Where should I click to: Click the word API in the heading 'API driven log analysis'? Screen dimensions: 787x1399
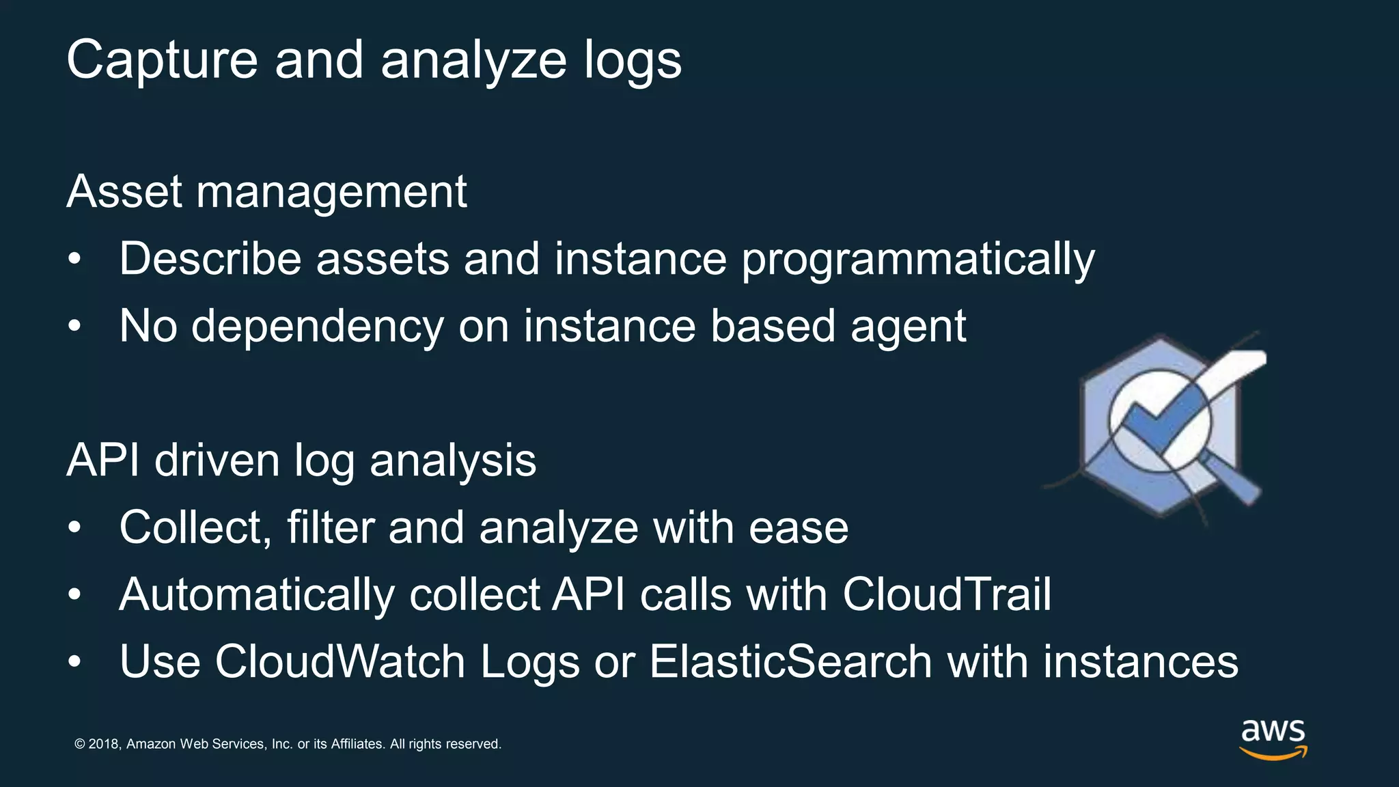[x=102, y=460]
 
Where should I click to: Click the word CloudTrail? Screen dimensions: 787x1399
[x=947, y=594]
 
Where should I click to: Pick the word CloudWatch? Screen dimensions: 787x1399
[x=340, y=661]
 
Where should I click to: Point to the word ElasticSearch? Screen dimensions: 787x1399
[x=790, y=661]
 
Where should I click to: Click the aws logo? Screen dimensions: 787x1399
[x=1273, y=738]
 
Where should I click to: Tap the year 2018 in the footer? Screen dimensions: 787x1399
[x=105, y=744]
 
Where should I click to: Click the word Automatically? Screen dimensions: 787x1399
[x=256, y=595]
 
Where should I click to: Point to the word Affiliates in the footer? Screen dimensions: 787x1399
[x=357, y=744]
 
